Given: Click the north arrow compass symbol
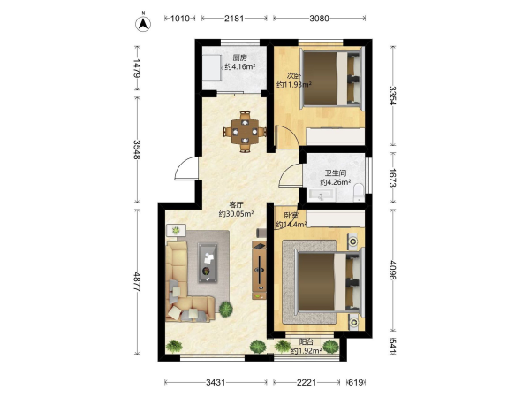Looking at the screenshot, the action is coord(143,23).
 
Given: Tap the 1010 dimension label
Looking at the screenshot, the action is coord(179,18).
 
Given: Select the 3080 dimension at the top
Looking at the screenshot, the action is coord(319,18).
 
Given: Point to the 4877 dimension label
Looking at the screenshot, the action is coord(137,281).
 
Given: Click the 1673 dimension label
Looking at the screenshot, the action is coord(392,178).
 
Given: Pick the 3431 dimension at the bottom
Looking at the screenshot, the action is coord(216,382).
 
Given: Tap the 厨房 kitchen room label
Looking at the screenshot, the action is coord(240,57).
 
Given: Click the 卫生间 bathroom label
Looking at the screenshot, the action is coord(336,173).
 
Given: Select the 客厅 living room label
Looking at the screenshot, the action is coord(236,205).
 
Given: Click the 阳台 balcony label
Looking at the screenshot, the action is coord(307,342).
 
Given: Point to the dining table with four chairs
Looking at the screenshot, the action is coord(245,132).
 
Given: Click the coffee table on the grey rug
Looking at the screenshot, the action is coord(208,263).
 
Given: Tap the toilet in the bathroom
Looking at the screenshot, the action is coord(359,191).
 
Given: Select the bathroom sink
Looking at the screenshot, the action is coord(322,195).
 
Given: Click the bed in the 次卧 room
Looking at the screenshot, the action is coord(331,78).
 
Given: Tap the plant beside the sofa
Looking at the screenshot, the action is coord(226,309).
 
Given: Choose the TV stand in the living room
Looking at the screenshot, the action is coord(259,270).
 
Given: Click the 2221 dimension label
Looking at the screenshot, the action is coord(307,382).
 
